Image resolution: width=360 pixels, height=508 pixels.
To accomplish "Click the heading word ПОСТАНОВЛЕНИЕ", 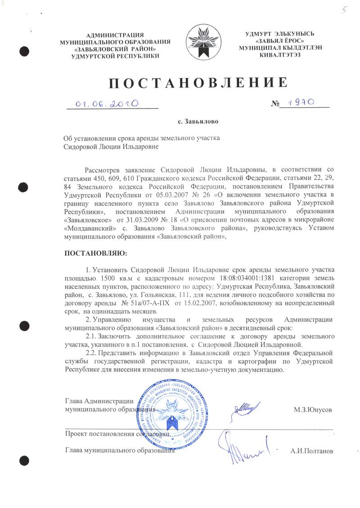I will click(198, 83).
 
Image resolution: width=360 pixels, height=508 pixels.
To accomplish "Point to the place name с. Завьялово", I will click(198, 121).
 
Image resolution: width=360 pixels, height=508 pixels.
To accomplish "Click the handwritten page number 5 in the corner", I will click(345, 11).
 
